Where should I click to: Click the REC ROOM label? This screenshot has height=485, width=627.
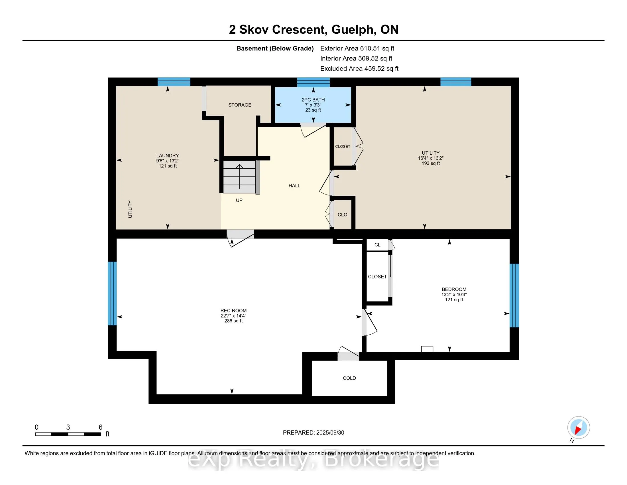233,311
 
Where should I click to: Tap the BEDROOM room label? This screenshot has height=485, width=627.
454,289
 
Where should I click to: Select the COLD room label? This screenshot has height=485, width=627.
349,378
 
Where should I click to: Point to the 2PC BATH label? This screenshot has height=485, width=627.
313,100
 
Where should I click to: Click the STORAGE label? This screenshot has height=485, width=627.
240,105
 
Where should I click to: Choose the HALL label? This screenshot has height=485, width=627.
294,186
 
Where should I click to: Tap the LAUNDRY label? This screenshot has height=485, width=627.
168,155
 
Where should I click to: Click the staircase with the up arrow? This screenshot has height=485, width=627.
240,177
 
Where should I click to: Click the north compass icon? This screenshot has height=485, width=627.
579,428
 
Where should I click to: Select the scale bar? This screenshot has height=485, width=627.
68,434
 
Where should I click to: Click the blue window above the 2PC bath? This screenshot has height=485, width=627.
313,82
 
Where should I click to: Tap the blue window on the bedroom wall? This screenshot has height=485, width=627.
514,295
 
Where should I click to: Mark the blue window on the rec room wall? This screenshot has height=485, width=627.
112,293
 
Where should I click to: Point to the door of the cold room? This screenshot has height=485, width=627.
348,353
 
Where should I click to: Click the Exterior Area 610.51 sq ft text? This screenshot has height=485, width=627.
357,48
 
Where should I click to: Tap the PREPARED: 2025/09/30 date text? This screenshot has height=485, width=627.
313,433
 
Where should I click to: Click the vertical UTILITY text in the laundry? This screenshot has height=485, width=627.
130,209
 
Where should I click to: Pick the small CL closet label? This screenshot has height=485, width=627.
377,245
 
